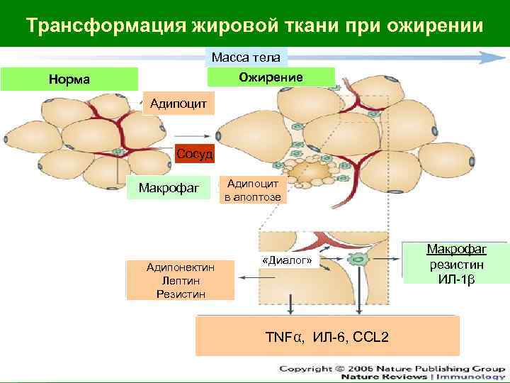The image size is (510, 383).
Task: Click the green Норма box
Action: click(69, 79)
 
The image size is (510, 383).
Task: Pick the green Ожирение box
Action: click(270, 77)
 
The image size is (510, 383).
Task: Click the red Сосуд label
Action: click(194, 153)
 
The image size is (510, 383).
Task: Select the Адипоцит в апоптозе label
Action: click(253, 190)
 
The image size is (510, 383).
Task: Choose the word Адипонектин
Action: click(180, 267)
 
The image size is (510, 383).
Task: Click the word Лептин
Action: click(180, 280)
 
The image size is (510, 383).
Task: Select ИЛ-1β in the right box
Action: click(456, 277)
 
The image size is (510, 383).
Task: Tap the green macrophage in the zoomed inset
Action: click(361, 260)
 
